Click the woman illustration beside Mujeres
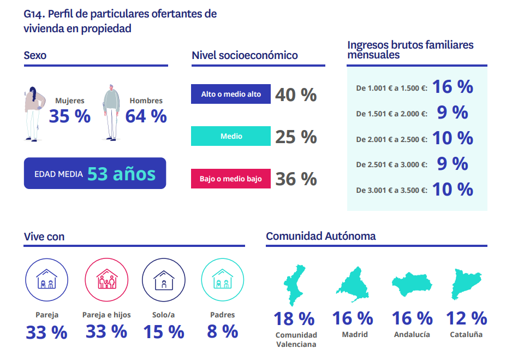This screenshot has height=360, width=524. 34,114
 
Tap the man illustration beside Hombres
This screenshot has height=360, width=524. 111,113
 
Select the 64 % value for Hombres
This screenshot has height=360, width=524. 146,116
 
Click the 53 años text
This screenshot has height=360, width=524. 122,174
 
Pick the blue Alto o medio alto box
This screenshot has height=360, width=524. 230,94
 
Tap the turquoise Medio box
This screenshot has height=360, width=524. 230,136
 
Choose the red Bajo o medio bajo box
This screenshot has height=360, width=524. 230,179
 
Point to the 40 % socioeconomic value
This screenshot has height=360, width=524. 296,95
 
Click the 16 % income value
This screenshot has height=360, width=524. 453,87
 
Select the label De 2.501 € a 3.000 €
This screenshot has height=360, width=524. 392,164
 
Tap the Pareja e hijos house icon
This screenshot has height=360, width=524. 106,280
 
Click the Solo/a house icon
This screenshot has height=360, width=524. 163,280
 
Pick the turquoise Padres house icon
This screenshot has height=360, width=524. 223,280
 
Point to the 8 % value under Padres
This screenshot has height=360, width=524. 223,332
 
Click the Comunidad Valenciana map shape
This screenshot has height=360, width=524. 294,285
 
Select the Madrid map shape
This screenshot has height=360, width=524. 353,284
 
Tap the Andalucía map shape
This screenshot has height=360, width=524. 412,285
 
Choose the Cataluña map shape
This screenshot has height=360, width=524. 466,284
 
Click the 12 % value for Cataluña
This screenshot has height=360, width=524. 467,318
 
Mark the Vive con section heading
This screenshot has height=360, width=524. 44,237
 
